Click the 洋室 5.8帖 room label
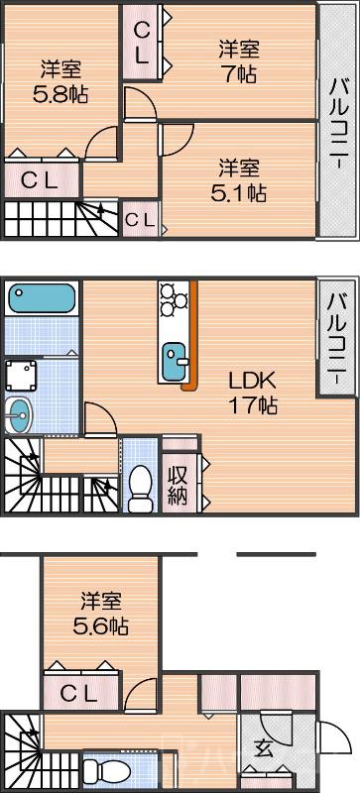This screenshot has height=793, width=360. [x=60, y=81]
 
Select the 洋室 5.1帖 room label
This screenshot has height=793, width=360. [x=241, y=179]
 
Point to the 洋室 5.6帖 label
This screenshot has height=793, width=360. [x=102, y=614]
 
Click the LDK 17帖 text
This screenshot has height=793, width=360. [x=252, y=392]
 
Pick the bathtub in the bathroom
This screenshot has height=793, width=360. [x=43, y=298]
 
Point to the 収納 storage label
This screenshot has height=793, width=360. [x=178, y=485]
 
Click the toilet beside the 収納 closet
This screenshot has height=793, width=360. [x=141, y=485]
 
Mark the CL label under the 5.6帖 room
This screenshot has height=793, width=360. [x=81, y=694]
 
